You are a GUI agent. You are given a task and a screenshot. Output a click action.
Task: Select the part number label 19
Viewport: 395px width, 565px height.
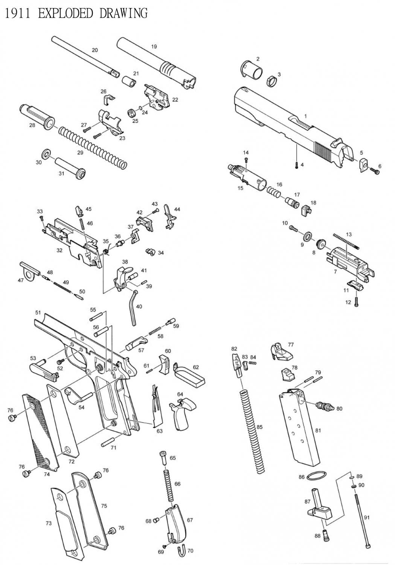pyautogui.click(x=154, y=47)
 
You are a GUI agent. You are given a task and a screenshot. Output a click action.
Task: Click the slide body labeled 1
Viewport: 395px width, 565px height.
pyautogui.click(x=286, y=124)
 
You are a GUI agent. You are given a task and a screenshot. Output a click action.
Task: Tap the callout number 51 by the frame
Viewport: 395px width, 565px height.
pyautogui.click(x=38, y=313)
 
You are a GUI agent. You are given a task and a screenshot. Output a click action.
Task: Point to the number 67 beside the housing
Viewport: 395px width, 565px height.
pyautogui.click(x=190, y=520)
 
